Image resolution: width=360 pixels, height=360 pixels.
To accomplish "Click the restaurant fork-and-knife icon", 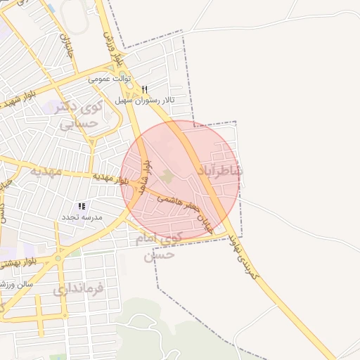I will pyautogui.click(x=145, y=90).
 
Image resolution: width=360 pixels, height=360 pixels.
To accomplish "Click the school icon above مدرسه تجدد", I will pyautogui.click(x=82, y=207).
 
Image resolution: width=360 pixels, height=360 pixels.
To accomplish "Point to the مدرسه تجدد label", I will pyautogui.click(x=84, y=217).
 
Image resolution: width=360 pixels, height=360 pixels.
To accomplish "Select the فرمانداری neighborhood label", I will pyautogui.click(x=78, y=288).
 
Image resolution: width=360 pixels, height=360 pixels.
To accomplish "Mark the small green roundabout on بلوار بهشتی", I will pyautogui.click(x=58, y=259).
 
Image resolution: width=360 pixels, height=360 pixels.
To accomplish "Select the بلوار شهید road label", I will pyautogui.click(x=20, y=98).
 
